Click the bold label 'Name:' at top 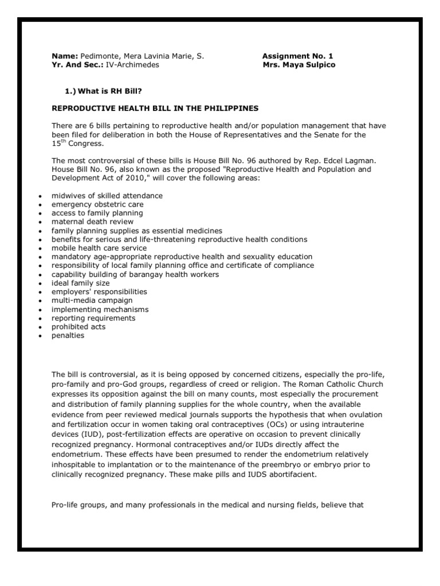tap(64, 56)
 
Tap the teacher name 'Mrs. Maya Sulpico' tap(298, 65)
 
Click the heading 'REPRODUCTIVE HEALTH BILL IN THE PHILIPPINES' tap(155, 108)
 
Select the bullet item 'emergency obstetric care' tap(97, 204)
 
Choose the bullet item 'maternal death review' tap(92, 221)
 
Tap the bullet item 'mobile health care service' tap(99, 248)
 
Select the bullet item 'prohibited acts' tap(78, 327)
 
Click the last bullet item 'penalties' tap(68, 335)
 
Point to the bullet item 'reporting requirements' tap(93, 318)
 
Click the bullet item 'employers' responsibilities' tap(99, 292)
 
